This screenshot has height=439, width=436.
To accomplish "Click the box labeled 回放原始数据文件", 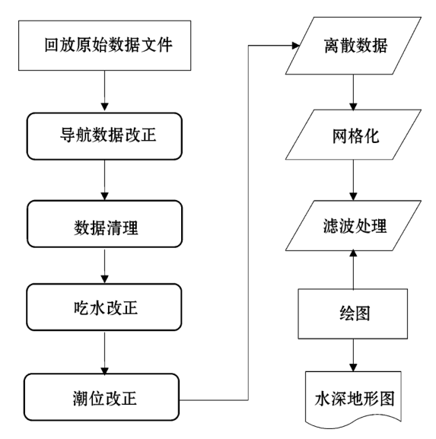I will tap(105, 45).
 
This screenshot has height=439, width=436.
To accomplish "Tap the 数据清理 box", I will tap(105, 224).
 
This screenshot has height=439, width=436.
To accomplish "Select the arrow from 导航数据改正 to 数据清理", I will tap(103, 180).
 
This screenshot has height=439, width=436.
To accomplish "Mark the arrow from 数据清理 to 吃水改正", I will tap(103, 266).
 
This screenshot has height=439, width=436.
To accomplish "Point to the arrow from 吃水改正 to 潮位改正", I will tap(103, 352).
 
